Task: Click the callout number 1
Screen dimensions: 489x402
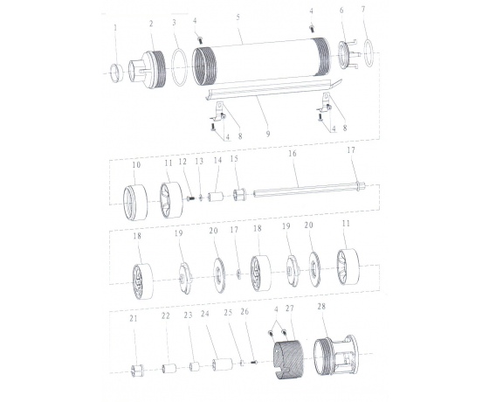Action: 115,27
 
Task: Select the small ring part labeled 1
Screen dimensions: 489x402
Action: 117,73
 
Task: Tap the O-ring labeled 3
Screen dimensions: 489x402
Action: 180,66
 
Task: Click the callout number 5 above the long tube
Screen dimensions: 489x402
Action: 238,17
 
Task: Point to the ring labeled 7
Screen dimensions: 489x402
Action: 368,53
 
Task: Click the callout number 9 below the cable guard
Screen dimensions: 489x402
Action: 268,134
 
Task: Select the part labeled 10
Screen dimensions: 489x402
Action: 135,202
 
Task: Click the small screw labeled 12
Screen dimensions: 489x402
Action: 190,198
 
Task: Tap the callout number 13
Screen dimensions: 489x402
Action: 199,161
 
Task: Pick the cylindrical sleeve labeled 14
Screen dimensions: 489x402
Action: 216,197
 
